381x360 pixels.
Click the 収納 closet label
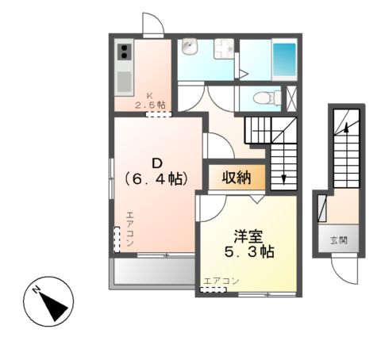(x=237, y=177)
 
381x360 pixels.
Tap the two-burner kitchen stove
(x=125, y=53)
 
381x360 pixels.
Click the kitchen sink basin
(x=125, y=81)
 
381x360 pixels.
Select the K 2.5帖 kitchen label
(x=149, y=101)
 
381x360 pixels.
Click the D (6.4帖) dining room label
(x=152, y=172)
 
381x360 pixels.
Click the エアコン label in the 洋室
(x=221, y=281)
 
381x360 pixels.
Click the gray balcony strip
(x=153, y=271)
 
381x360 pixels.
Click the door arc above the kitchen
(x=153, y=25)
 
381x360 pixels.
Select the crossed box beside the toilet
(x=291, y=97)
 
